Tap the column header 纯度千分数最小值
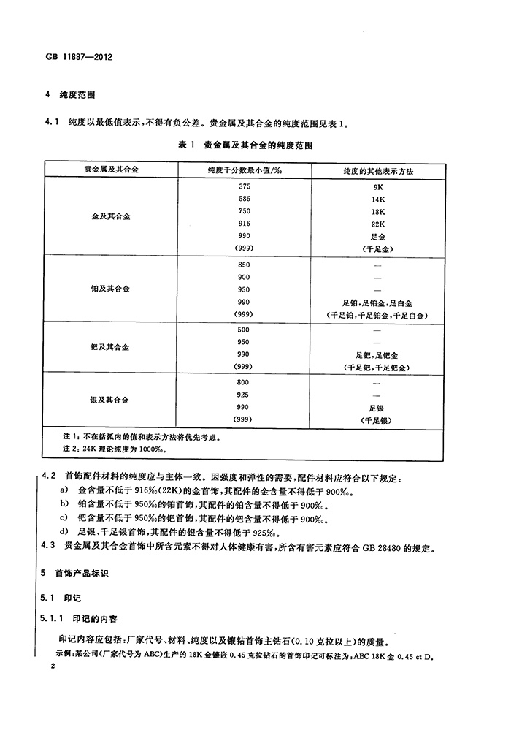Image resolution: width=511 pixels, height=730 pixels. pos(244,170)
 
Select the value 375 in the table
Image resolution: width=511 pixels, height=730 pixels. pos(244,186)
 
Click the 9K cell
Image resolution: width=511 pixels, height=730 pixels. pos(377,186)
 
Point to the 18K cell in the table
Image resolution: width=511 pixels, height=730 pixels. pos(377,211)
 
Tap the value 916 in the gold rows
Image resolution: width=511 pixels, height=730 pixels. pos(244,223)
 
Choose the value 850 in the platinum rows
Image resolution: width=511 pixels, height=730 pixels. pos(244,264)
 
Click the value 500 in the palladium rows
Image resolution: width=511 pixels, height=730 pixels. pos(244,330)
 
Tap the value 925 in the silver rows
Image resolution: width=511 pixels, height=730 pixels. pos(244,395)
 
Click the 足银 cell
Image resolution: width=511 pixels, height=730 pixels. pos(377,407)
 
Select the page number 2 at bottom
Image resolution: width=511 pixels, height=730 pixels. pos(52,667)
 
